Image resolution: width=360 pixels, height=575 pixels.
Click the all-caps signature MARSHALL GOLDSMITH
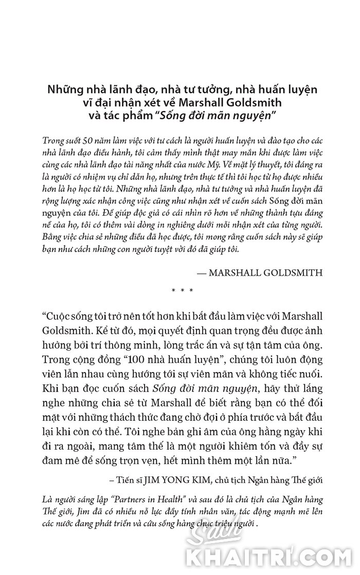266,273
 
